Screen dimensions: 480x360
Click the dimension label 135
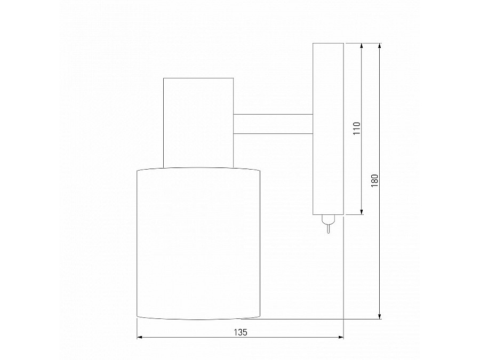(241, 332)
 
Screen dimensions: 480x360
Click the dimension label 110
(357, 129)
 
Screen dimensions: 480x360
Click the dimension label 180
(375, 181)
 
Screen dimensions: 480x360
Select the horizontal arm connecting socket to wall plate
(273, 124)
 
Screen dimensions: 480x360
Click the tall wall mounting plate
(328, 129)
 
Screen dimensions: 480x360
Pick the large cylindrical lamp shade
(198, 244)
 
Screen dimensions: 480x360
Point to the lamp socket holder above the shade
(198, 123)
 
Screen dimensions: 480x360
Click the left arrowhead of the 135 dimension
(139, 337)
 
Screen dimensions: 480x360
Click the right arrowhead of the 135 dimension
(341, 337)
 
